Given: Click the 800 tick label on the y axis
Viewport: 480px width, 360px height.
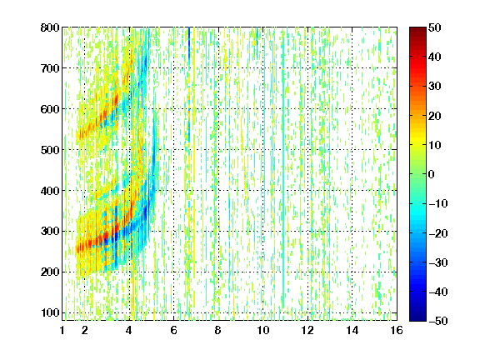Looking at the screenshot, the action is click(50, 27).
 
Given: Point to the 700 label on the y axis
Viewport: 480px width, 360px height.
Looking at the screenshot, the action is click(50, 68).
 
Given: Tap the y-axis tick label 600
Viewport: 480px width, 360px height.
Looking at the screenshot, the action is click(50, 109).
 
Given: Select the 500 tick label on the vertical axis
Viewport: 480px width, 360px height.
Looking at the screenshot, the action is click(50, 150).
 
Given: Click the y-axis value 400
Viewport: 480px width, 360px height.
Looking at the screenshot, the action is click(50, 191).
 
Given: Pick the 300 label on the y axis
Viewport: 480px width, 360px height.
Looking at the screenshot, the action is click(50, 232).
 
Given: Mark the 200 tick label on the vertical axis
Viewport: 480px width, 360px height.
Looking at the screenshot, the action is click(50, 272).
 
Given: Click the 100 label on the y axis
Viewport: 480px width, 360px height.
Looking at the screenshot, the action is click(50, 312).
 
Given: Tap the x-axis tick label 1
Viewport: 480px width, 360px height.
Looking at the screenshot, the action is click(62, 330).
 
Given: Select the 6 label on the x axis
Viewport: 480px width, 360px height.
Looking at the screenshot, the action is click(173, 330).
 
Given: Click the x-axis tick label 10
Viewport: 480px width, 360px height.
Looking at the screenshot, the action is click(262, 330).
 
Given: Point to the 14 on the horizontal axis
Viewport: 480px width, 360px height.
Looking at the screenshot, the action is click(352, 330).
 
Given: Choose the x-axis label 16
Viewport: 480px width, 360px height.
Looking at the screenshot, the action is click(397, 330).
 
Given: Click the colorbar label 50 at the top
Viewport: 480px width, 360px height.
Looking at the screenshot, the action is click(434, 27).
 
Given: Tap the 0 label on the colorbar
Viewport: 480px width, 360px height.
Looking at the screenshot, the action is click(432, 174).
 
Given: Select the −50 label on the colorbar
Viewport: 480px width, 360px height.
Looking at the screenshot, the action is click(437, 321).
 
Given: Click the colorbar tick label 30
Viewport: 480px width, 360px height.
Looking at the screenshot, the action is click(434, 87).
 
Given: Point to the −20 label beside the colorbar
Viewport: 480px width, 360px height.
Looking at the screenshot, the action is click(437, 233).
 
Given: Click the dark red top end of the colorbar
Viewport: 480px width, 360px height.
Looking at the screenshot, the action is click(417, 28).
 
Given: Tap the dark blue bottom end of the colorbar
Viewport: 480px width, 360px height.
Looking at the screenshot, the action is click(417, 320).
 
